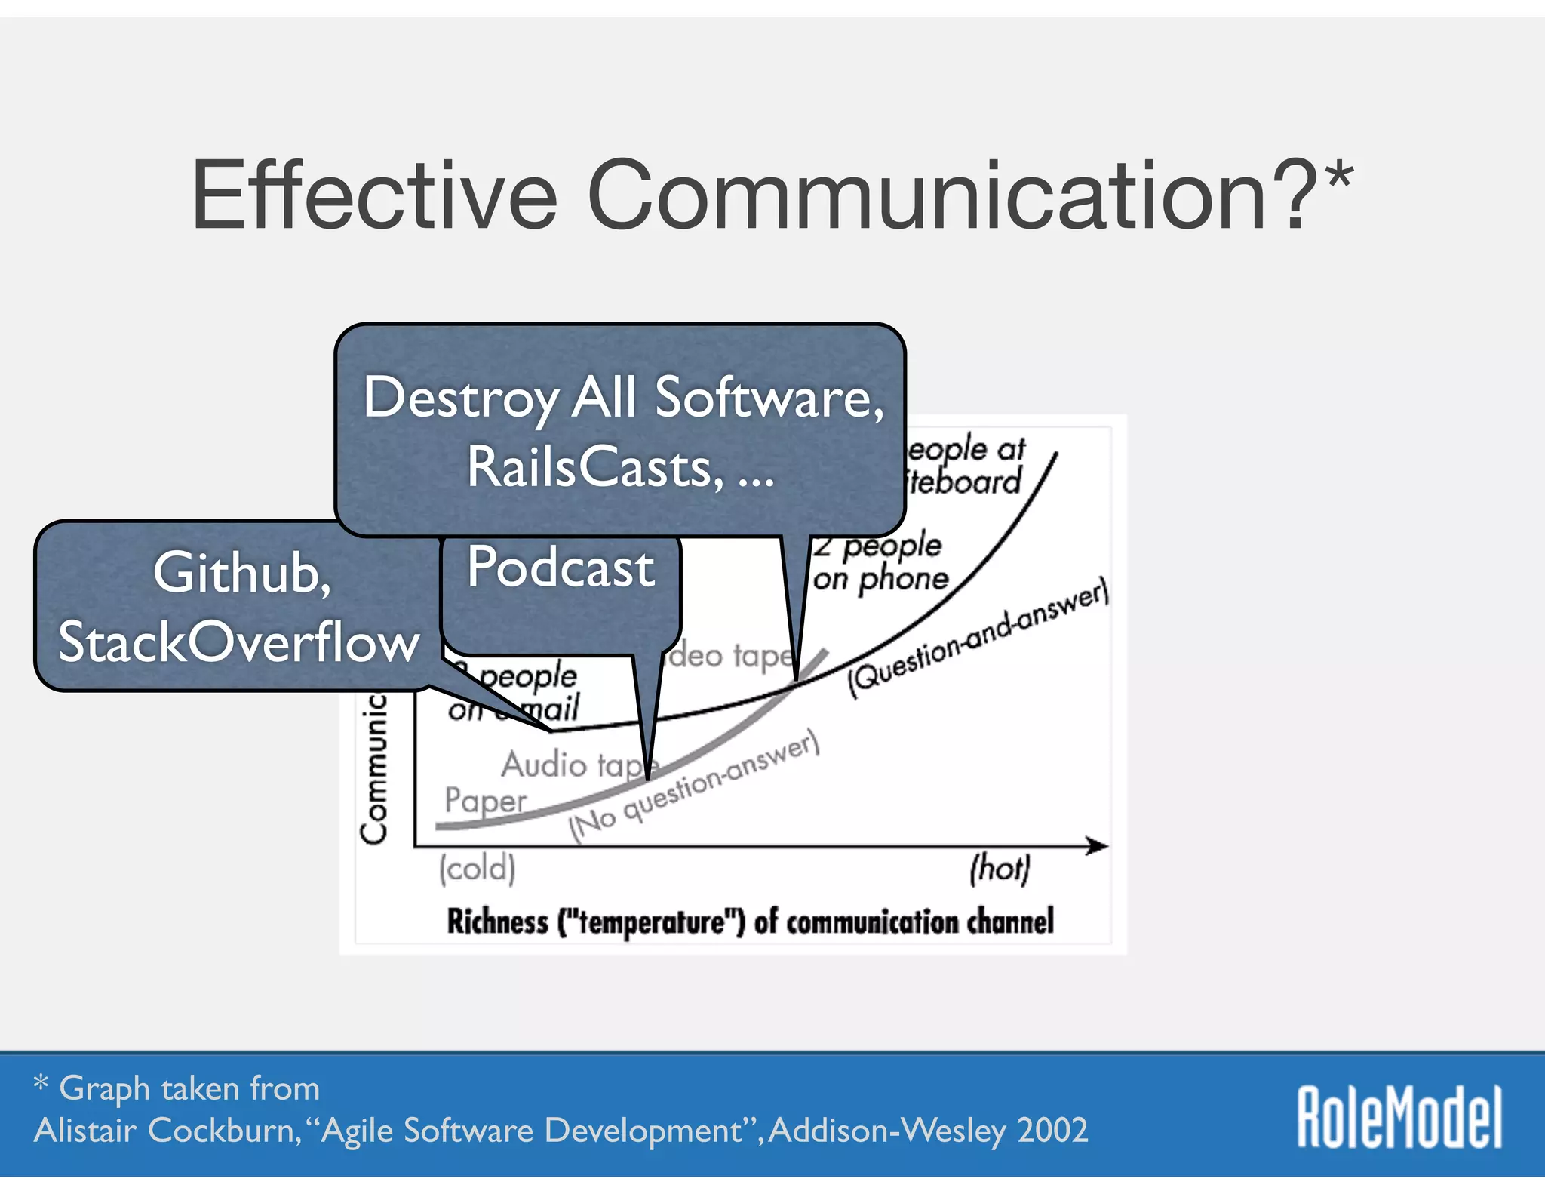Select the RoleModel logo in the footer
tap(1399, 1117)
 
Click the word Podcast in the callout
tap(560, 568)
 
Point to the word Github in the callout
tap(241, 573)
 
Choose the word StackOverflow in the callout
tap(238, 642)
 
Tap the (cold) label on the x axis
tap(478, 868)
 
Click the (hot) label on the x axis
tap(1000, 868)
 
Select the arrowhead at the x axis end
tap(1098, 846)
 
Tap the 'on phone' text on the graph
tap(880, 579)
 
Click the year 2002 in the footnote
tap(1052, 1131)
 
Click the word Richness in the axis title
tap(497, 922)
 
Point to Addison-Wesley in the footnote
tap(887, 1131)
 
